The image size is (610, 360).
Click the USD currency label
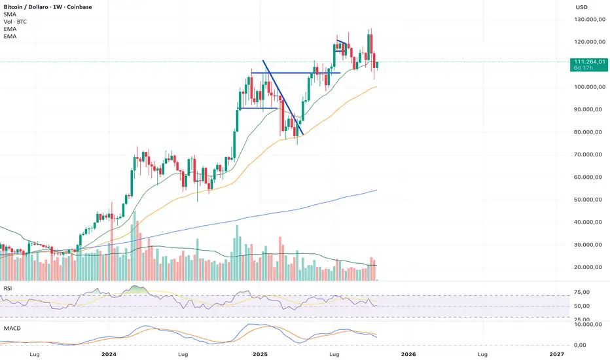581,7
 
